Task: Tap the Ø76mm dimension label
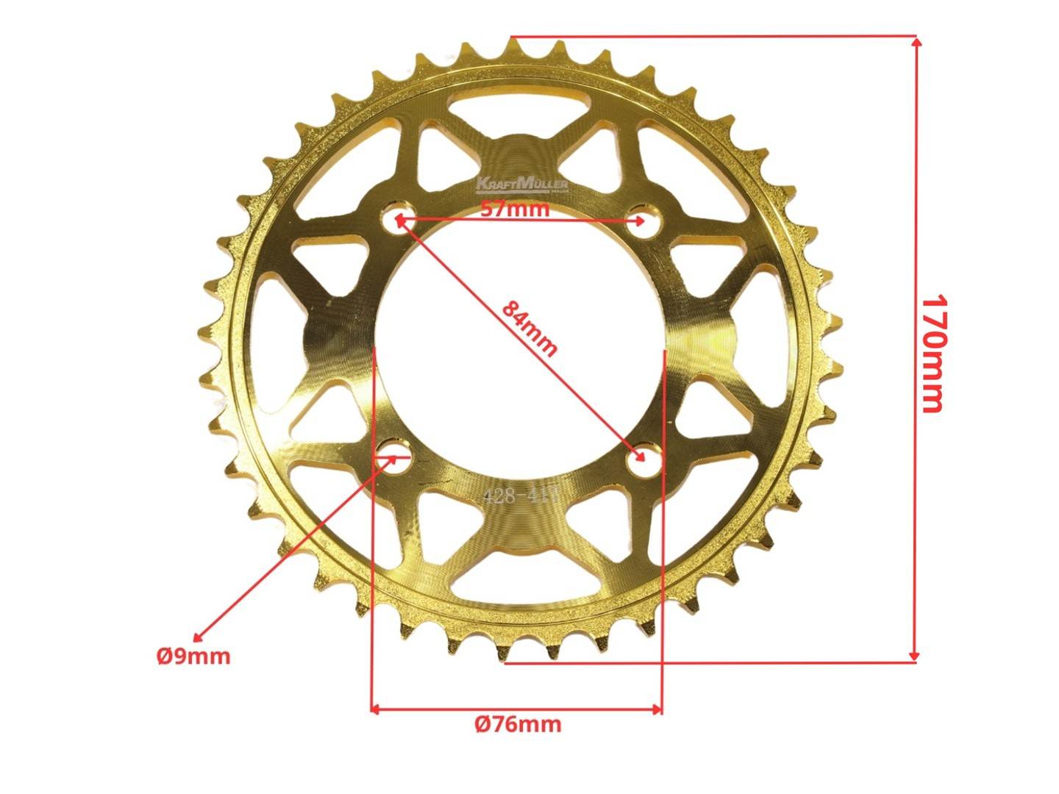pos(518,724)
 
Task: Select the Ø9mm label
pos(193,655)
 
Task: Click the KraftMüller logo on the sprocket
pos(521,183)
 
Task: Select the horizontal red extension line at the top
pos(713,35)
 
